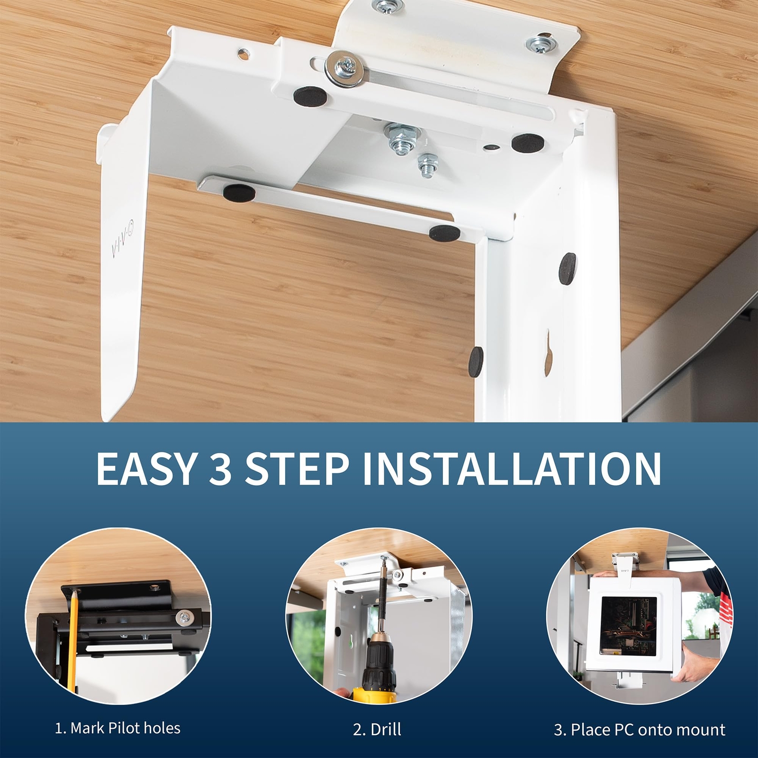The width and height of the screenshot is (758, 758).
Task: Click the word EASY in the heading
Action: [145, 469]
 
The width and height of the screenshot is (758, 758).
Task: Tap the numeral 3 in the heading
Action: [220, 469]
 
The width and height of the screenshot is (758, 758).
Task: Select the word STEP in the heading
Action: [297, 469]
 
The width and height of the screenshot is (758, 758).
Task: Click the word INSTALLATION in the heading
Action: [511, 469]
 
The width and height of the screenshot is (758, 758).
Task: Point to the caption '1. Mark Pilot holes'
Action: [117, 728]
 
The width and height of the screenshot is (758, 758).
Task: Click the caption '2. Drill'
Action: [377, 729]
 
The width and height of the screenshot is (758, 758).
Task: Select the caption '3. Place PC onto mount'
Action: [640, 730]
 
